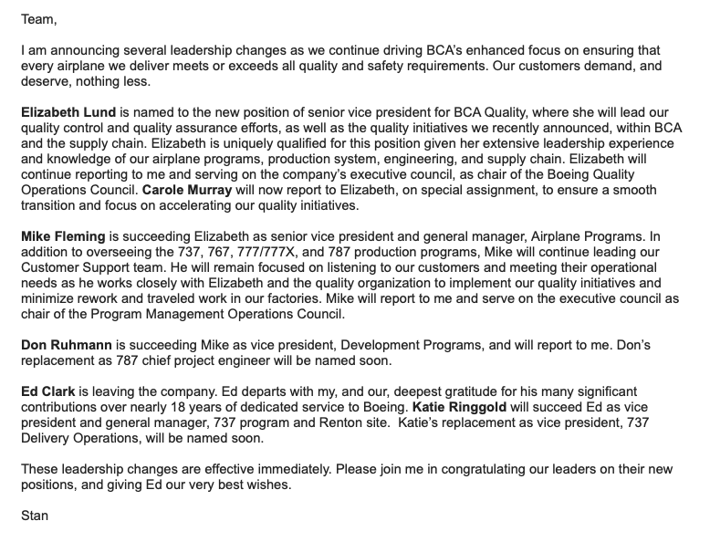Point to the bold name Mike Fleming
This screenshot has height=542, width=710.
point(59,237)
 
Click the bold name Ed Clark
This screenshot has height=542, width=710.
point(47,391)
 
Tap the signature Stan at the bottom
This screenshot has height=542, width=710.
point(35,516)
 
